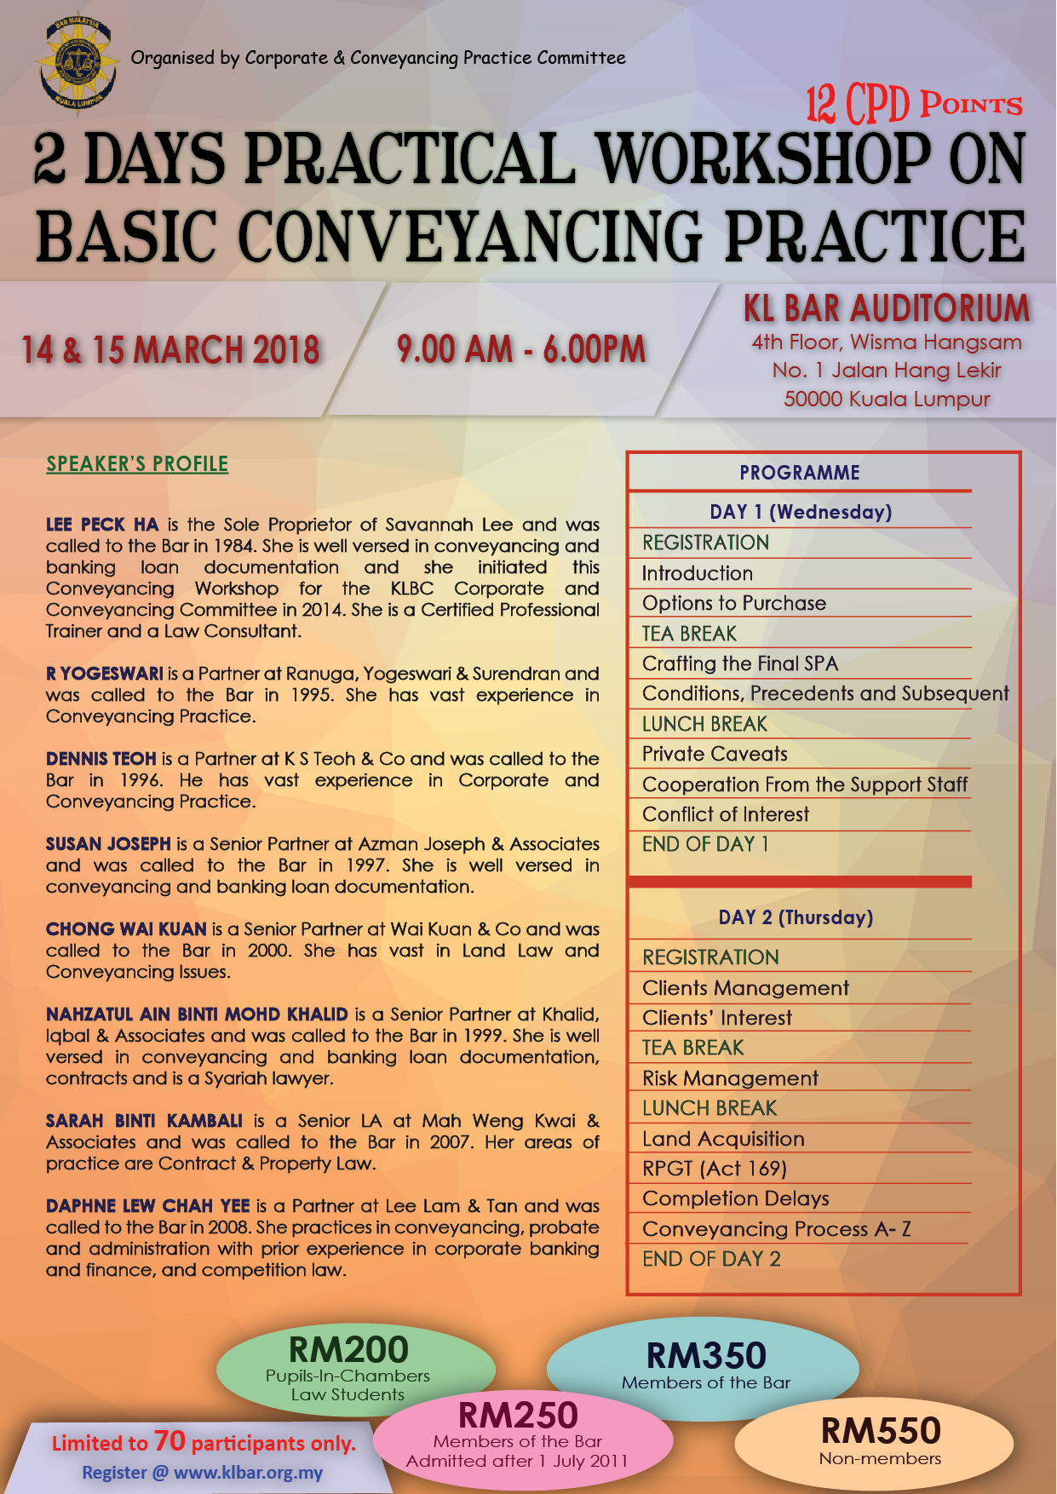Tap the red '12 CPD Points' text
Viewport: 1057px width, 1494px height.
[914, 105]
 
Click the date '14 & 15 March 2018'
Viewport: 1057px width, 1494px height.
[170, 350]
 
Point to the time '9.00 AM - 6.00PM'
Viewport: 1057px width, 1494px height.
[521, 349]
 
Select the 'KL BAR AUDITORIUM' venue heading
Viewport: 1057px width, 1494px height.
[887, 308]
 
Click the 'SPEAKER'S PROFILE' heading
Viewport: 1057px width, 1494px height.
[137, 464]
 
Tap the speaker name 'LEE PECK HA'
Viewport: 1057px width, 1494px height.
[102, 525]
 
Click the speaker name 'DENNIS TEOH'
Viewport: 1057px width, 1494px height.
[101, 759]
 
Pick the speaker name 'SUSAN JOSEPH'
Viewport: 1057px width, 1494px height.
[108, 844]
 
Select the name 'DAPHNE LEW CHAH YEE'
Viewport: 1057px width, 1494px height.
[148, 1206]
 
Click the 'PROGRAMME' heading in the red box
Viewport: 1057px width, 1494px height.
[799, 473]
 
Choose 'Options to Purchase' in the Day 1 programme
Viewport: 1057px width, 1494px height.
[734, 603]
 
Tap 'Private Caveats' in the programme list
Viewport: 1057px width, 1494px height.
[715, 754]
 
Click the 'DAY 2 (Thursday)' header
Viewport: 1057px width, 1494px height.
[796, 917]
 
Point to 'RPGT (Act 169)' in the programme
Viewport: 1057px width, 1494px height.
[715, 1169]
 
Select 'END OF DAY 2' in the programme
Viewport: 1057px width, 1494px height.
[711, 1259]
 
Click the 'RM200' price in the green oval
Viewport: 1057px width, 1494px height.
[348, 1350]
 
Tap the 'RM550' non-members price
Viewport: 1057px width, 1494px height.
[880, 1431]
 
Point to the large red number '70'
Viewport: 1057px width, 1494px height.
[169, 1441]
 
